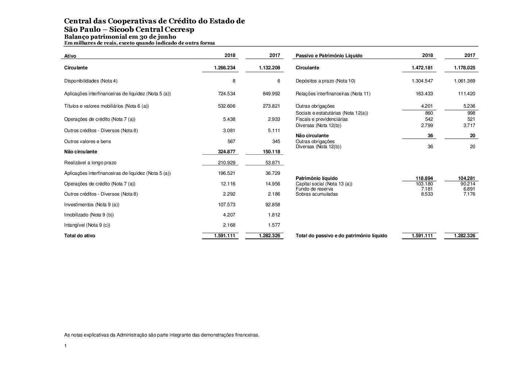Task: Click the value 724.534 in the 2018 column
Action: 226,94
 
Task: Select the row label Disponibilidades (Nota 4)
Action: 90,81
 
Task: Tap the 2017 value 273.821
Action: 271,106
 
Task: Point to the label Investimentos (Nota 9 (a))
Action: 92,205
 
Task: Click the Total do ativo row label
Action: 79,236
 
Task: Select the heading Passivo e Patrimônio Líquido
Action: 329,56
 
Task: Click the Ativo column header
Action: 70,56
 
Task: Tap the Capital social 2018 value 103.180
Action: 424,184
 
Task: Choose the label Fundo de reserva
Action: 314,189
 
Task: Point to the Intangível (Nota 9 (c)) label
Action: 87,225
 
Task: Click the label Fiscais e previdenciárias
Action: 322,119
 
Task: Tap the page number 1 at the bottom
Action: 65,346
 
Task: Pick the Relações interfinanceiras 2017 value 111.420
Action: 466,94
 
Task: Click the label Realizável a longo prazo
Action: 90,163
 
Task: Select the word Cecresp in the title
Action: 179,30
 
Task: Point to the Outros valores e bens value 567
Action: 231,142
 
